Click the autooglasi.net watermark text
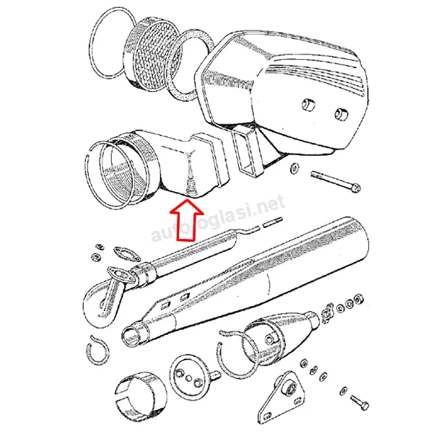(x=218, y=219)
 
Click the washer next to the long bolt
(x=294, y=168)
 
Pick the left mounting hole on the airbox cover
(x=309, y=105)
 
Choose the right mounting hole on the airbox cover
(x=341, y=114)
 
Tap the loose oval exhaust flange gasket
(x=127, y=254)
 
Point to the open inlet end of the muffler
(x=131, y=336)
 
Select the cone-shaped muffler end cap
(x=279, y=338)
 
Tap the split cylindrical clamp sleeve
(x=141, y=398)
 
